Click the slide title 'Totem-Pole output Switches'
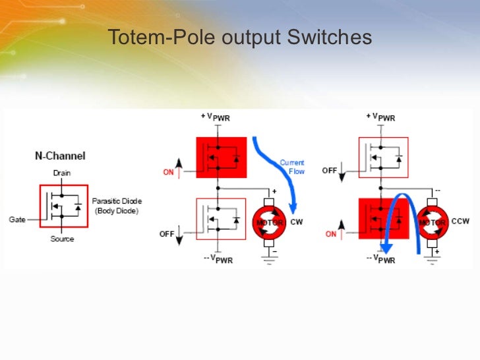[239, 38]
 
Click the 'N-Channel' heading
[60, 156]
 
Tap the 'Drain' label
[61, 173]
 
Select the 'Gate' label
[18, 219]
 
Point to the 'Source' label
[62, 239]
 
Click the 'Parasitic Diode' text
[116, 201]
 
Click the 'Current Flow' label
[291, 167]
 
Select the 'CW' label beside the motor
[296, 222]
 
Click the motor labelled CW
[268, 222]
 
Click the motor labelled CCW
[433, 222]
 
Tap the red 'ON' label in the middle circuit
[168, 173]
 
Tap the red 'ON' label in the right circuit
[330, 233]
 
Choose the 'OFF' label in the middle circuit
[167, 233]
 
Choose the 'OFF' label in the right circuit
[330, 170]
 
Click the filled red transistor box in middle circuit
[221, 157]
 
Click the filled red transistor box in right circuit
[383, 218]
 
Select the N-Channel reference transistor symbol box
[63, 206]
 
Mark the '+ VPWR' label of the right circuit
[380, 117]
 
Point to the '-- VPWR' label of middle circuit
[218, 259]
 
